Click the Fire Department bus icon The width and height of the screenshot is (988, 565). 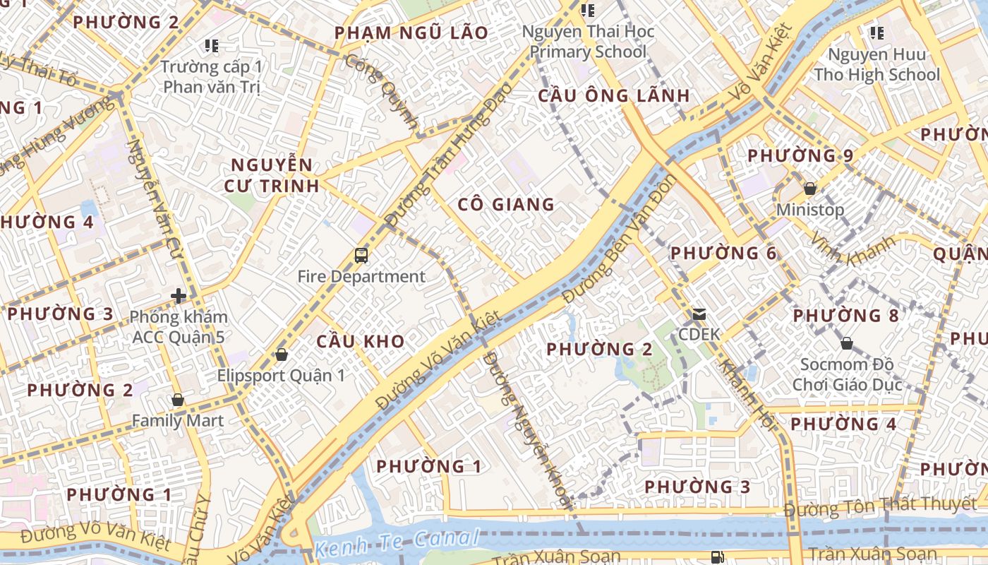click(361, 256)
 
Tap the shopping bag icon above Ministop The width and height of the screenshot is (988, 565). click(810, 189)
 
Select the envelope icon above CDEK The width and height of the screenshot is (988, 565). click(699, 314)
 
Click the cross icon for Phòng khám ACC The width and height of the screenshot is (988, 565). click(178, 296)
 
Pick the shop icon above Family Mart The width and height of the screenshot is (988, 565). click(178, 400)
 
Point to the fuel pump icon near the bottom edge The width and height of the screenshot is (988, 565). click(717, 557)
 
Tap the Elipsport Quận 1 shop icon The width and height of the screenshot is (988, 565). click(281, 355)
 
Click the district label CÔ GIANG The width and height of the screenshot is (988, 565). click(506, 205)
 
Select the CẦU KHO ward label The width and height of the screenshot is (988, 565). click(360, 342)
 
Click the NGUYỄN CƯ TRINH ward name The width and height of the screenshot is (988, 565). click(272, 176)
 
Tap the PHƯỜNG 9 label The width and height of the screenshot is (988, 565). click(800, 155)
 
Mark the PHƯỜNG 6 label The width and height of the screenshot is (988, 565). click(723, 253)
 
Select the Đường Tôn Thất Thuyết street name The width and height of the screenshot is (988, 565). click(879, 506)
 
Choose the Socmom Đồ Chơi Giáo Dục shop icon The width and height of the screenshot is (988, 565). click(846, 344)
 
